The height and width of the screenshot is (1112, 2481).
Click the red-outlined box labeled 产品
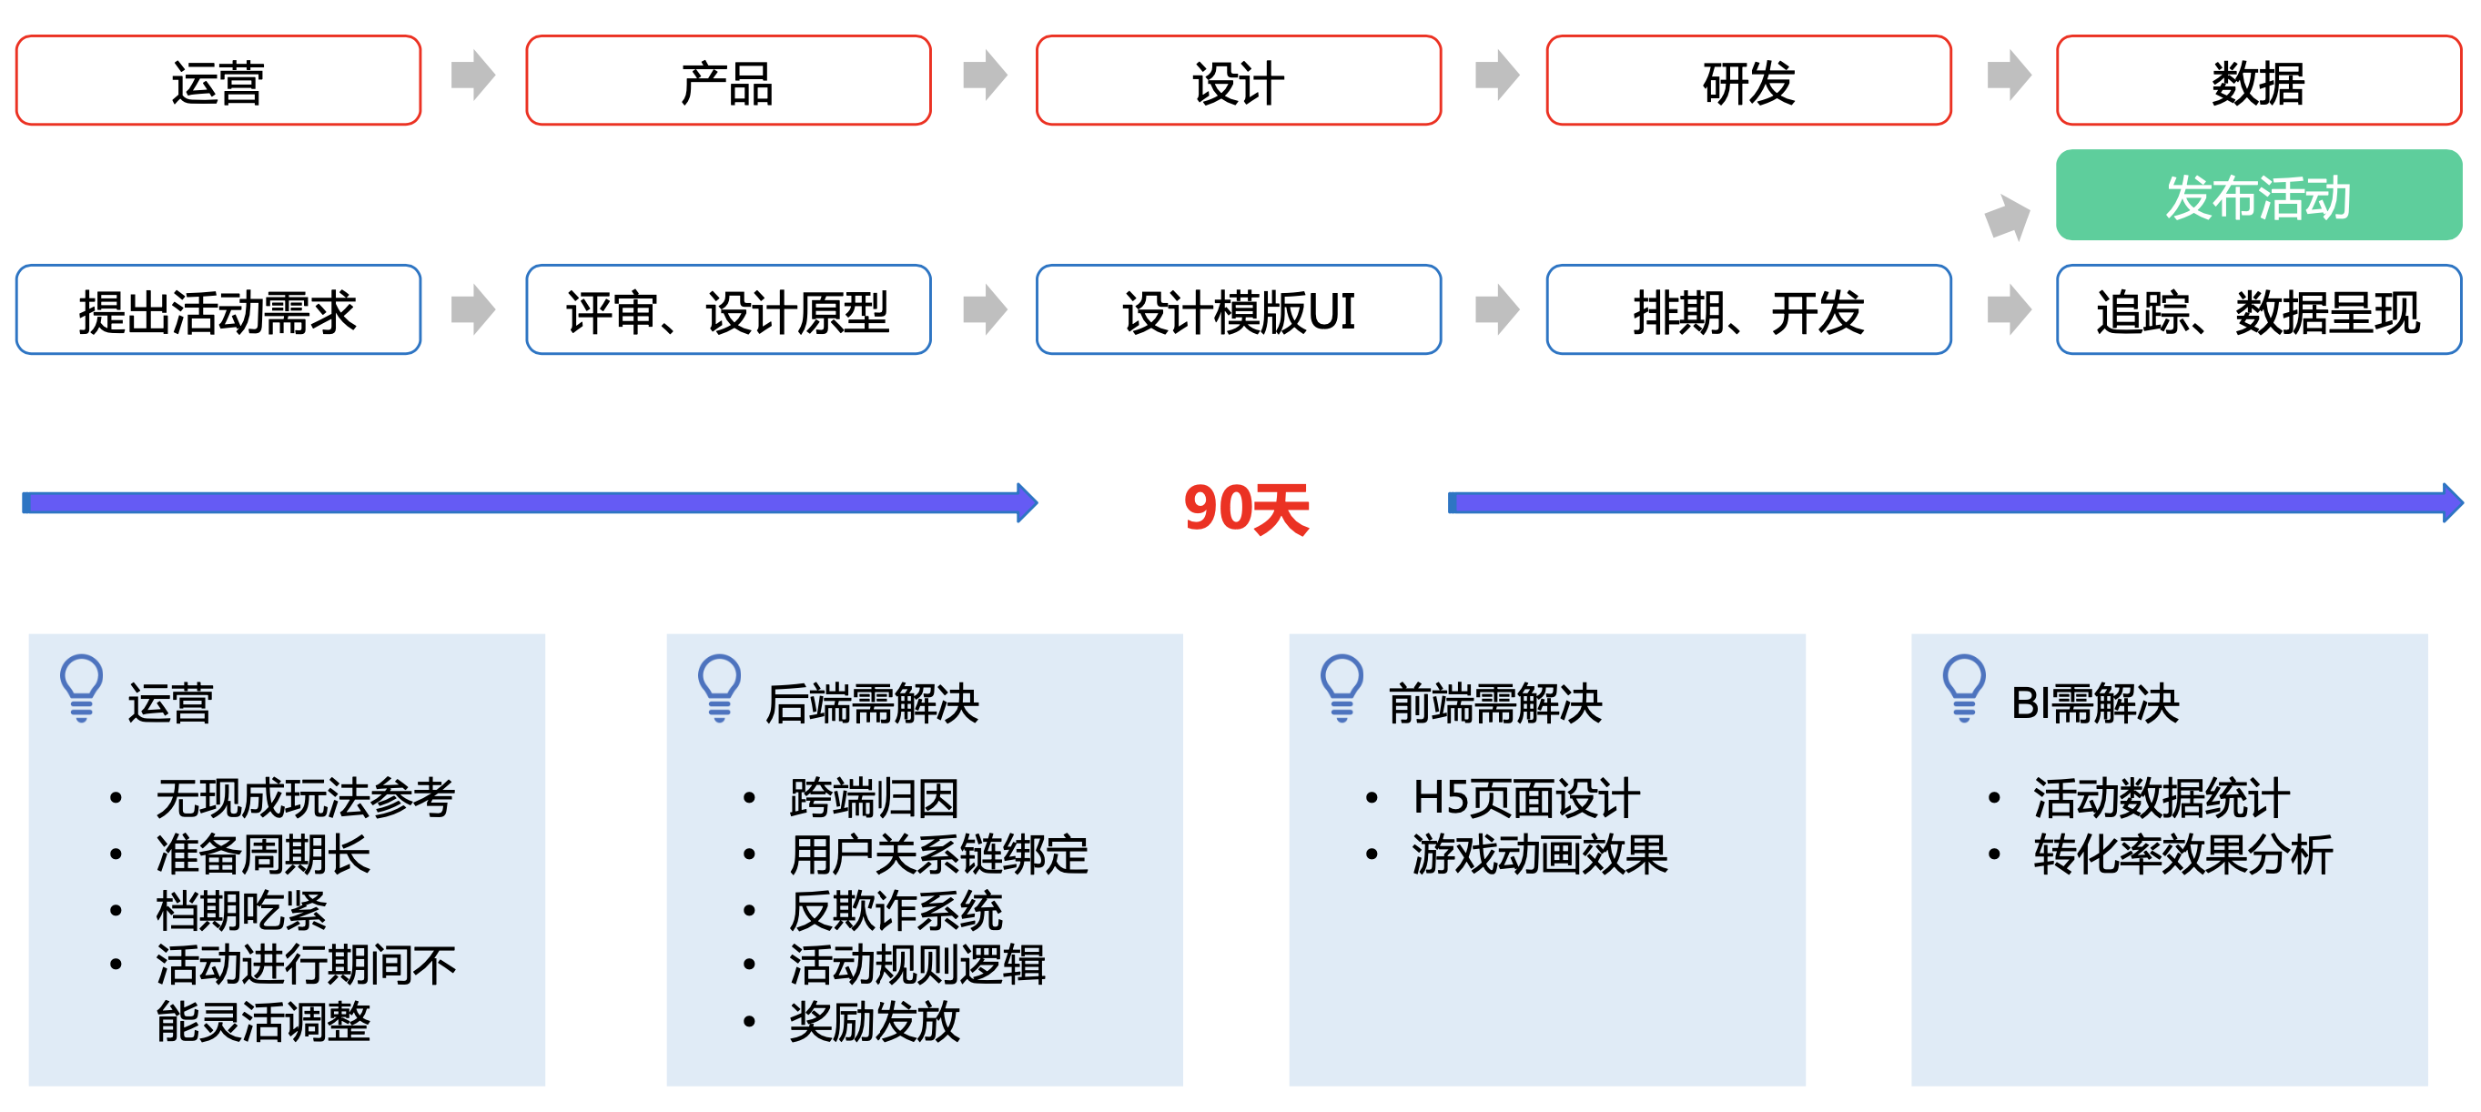pos(728,81)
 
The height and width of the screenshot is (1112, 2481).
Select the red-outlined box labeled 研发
pos(1748,81)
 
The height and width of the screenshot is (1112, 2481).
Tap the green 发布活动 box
pos(2259,196)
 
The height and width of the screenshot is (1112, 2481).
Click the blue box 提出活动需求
pos(218,310)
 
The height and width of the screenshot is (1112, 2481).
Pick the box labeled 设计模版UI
pos(1239,310)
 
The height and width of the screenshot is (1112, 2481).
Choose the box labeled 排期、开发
pos(1748,310)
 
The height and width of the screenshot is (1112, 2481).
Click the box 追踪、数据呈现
pos(2259,310)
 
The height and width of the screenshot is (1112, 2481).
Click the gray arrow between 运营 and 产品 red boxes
pos(473,76)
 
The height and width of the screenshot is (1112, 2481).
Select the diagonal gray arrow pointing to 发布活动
pos(2008,217)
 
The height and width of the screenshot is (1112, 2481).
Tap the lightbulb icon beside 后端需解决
pos(719,687)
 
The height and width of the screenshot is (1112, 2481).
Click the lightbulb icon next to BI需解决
pos(1964,687)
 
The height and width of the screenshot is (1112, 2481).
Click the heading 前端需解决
pos(1494,703)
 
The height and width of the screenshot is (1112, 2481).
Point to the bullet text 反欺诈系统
pos(896,910)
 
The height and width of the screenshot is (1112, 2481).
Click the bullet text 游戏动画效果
pos(1539,854)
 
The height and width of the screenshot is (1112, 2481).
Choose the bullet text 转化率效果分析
pos(2182,854)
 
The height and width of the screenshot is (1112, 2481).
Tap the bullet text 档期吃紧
pos(242,910)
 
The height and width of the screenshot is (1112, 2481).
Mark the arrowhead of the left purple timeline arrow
pos(1027,502)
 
